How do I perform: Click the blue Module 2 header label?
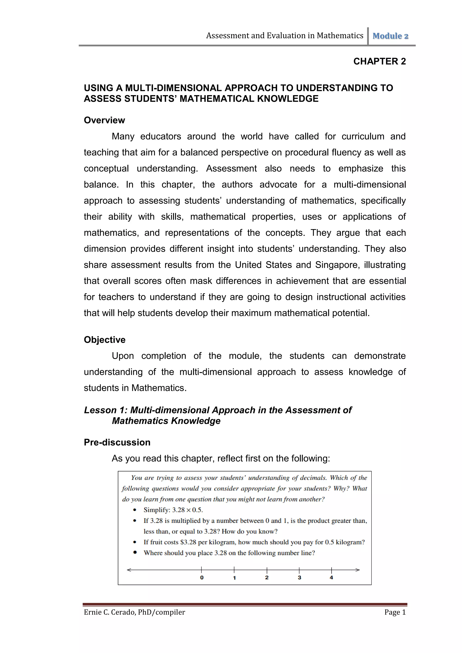390,36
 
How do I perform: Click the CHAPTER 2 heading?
379,61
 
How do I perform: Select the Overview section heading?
104,120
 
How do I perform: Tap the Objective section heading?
105,340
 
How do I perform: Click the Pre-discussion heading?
117,443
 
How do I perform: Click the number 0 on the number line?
202,578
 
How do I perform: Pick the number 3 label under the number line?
299,578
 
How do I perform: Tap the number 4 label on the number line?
331,578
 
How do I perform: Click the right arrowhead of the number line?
358,570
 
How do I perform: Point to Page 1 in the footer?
395,612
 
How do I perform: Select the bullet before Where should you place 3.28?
135,553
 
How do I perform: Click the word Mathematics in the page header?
340,36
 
